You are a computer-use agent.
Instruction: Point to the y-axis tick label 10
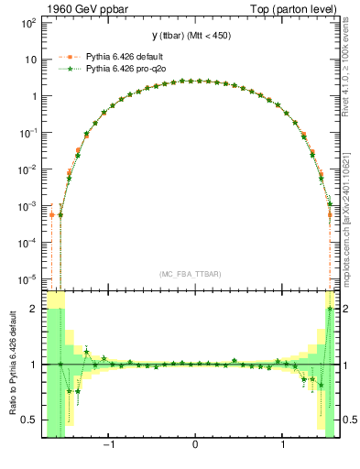click(28, 59)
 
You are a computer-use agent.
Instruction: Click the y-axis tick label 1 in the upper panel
click(32, 96)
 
